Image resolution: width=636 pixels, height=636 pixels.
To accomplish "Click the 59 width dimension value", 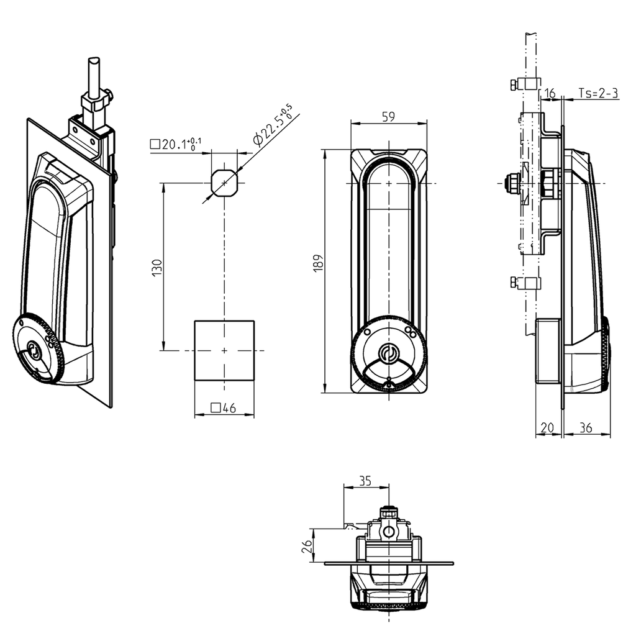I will (x=389, y=116).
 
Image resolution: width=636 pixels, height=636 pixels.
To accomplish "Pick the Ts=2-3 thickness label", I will (x=597, y=93).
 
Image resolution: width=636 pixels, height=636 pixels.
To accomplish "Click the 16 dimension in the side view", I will (x=550, y=93).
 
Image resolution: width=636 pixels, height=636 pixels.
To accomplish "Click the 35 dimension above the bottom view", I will (x=366, y=480).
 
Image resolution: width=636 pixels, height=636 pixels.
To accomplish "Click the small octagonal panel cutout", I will (x=224, y=183).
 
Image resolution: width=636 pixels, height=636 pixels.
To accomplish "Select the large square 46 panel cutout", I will (x=224, y=351).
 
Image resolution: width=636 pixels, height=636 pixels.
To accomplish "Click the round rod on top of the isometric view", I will (x=94, y=78).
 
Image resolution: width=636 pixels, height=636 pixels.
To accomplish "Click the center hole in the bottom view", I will (x=388, y=532).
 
